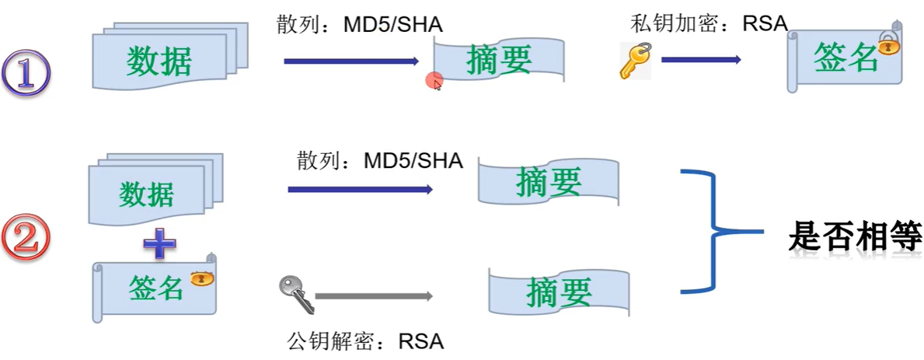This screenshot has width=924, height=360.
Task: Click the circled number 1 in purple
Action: (26, 73)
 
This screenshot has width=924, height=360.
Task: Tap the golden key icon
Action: (635, 60)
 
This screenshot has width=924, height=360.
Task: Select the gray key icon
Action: (294, 292)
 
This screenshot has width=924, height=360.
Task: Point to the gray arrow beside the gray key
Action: (374, 296)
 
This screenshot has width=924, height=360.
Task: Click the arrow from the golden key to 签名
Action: (700, 59)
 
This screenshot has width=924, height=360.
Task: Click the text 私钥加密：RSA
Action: (709, 23)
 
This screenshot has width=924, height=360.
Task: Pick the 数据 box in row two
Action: (149, 194)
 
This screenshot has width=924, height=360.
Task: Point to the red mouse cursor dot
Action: (434, 80)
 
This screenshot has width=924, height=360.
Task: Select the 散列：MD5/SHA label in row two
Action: (380, 162)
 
